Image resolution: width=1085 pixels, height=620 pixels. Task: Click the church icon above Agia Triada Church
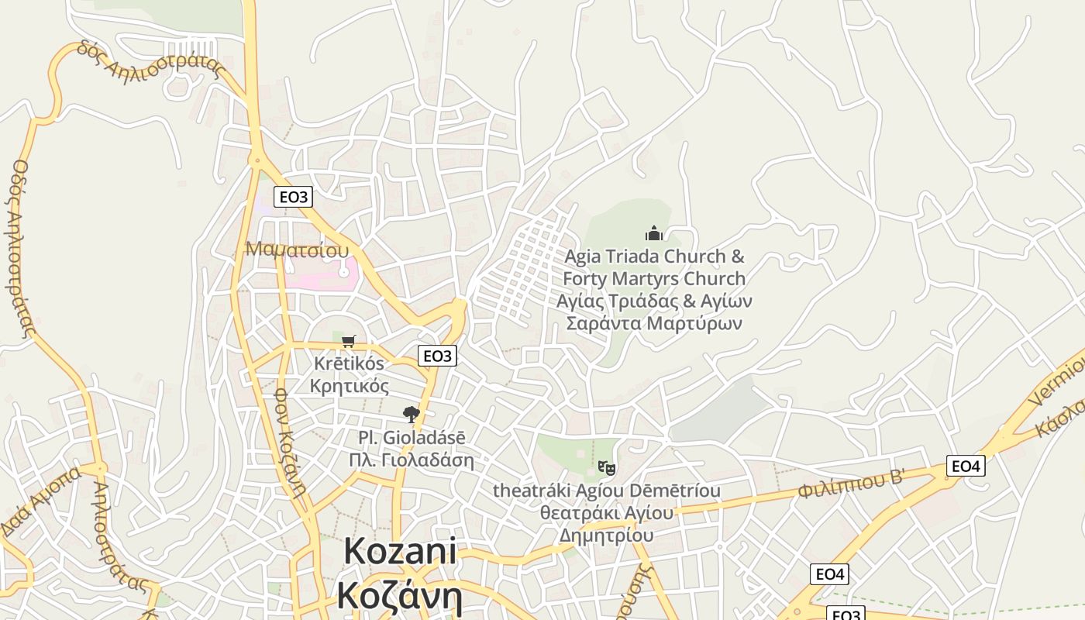(654, 233)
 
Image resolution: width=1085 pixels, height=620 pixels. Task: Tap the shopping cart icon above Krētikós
(349, 341)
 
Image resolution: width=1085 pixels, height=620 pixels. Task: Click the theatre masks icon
(607, 468)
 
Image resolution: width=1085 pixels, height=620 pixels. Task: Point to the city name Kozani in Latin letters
(400, 552)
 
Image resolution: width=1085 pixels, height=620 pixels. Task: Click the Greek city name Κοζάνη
(400, 597)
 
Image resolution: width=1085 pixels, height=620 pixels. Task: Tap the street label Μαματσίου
(297, 250)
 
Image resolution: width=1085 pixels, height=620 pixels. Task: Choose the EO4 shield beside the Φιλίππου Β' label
(966, 466)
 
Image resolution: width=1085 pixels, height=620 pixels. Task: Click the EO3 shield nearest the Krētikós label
(437, 356)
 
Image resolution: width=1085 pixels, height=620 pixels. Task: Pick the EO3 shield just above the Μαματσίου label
(293, 197)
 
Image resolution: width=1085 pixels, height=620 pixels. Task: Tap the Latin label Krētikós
(349, 363)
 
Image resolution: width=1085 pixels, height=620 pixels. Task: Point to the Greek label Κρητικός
(349, 385)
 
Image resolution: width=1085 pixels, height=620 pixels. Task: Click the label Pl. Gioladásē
(412, 438)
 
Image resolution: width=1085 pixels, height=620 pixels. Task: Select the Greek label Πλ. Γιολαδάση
(412, 460)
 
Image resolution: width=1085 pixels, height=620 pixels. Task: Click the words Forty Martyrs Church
(654, 278)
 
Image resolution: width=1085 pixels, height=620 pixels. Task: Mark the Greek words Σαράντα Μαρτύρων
(654, 322)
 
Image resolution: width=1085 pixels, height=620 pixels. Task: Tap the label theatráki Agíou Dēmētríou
(607, 491)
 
